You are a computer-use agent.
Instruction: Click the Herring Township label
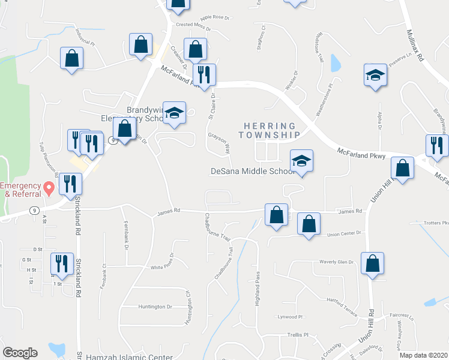[270, 131]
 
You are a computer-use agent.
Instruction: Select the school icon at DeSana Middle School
[302, 161]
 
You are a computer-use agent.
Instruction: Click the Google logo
[20, 353]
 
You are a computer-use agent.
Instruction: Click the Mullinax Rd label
[415, 47]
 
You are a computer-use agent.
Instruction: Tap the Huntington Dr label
[155, 307]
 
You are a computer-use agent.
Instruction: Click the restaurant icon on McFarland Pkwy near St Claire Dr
[203, 75]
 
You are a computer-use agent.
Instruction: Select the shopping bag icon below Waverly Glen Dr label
[373, 263]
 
